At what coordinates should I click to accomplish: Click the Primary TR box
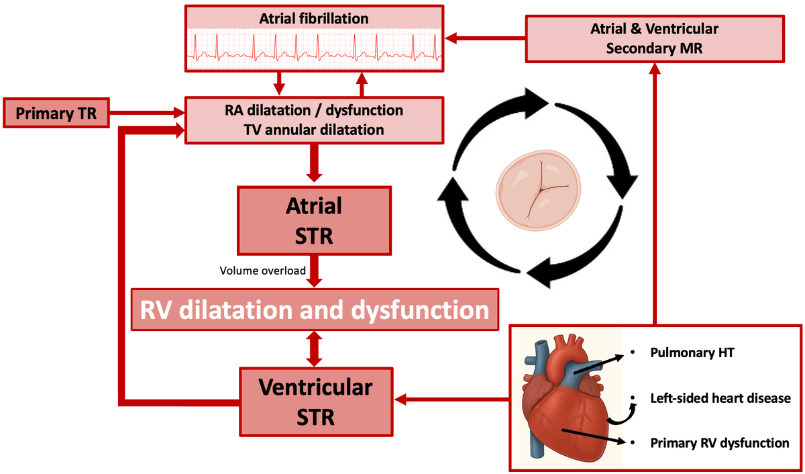click(x=56, y=112)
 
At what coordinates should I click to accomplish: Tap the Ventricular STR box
click(x=316, y=402)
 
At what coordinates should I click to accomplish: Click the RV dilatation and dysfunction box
click(x=315, y=310)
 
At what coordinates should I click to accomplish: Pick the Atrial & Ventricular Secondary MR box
click(x=654, y=38)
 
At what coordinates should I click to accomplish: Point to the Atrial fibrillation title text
click(x=314, y=19)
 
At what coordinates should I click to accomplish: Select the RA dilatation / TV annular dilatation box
click(x=314, y=120)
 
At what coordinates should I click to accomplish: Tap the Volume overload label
click(x=263, y=271)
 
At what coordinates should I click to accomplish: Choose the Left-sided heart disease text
click(x=720, y=398)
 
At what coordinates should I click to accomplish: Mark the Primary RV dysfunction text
click(x=719, y=443)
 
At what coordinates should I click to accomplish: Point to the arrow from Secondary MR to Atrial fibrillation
click(x=486, y=38)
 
